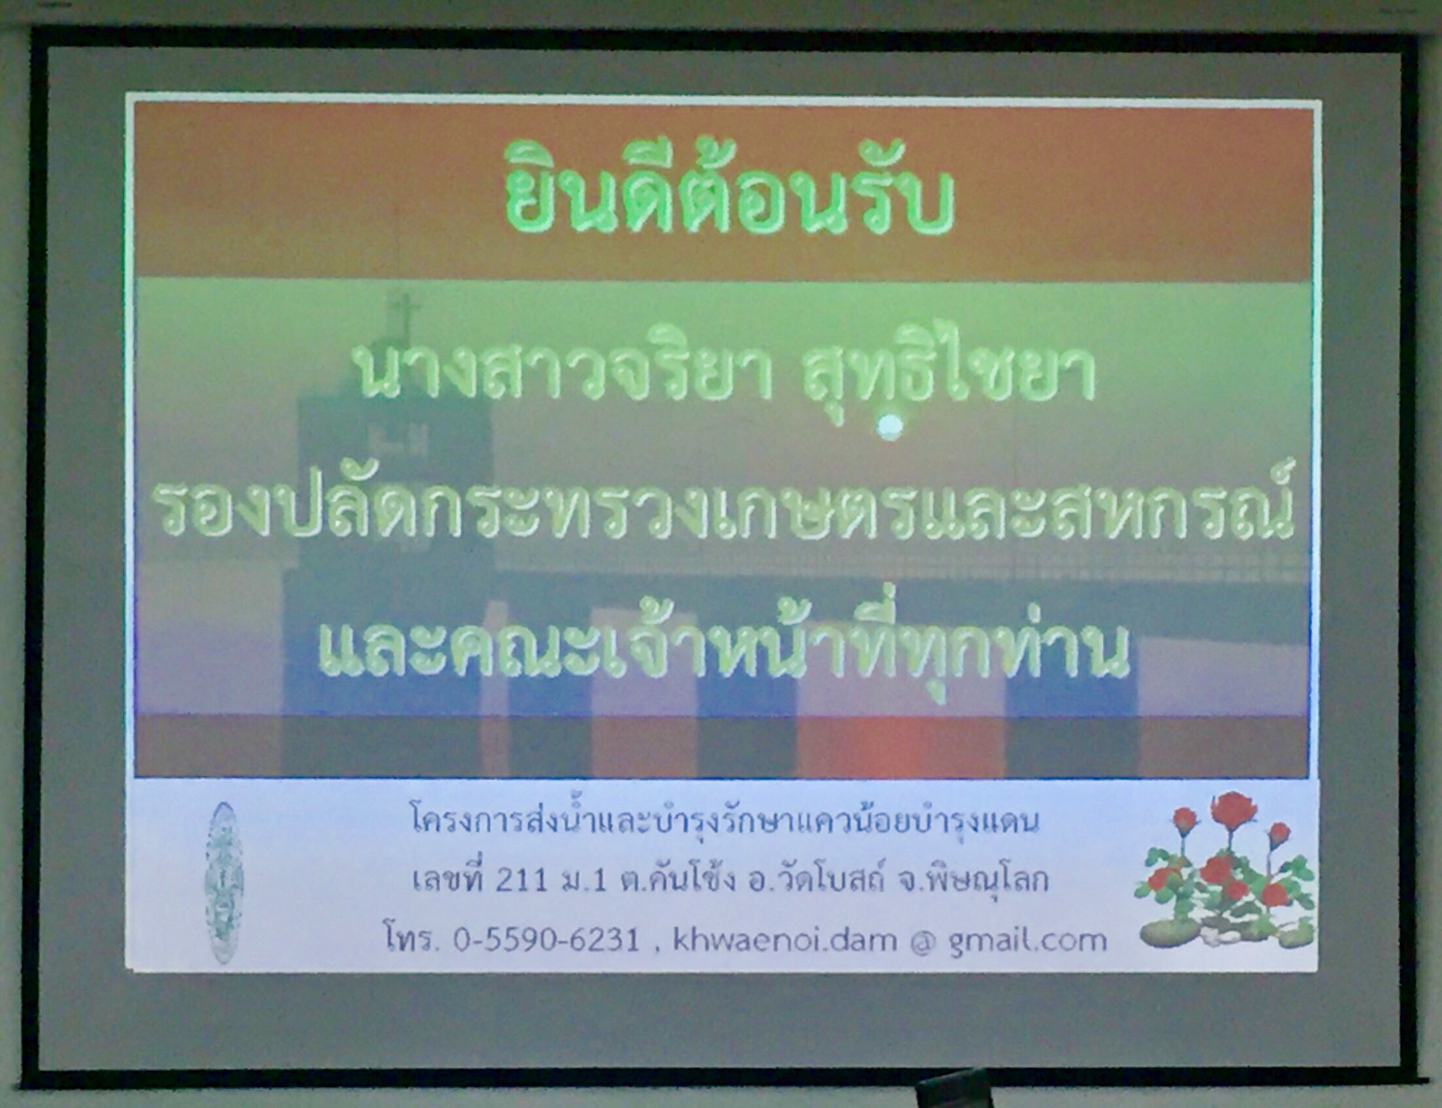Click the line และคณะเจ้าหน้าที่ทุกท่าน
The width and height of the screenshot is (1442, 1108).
pyautogui.click(x=724, y=644)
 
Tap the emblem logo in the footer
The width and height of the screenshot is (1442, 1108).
pyautogui.click(x=224, y=882)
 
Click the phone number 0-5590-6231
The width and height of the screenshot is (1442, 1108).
pyautogui.click(x=546, y=941)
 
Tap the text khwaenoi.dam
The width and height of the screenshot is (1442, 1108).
pyautogui.click(x=784, y=940)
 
